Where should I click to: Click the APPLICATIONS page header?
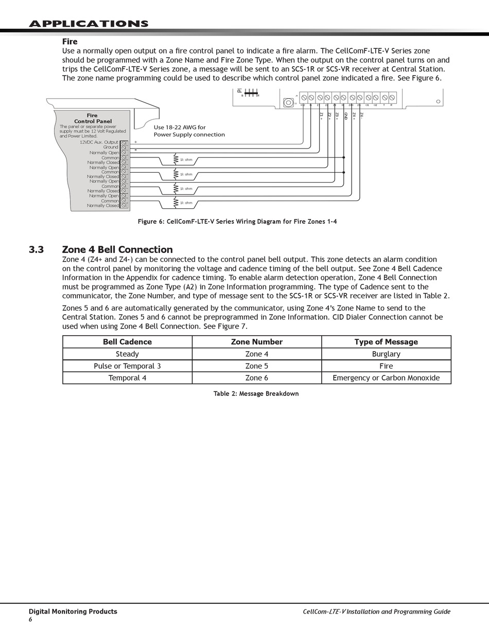(89, 24)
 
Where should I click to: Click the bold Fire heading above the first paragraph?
(69, 42)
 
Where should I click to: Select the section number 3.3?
(36, 250)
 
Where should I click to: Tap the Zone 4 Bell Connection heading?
(117, 250)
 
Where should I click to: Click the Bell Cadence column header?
(127, 342)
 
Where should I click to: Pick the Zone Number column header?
(256, 342)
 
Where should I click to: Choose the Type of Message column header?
(386, 342)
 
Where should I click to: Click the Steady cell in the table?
(127, 354)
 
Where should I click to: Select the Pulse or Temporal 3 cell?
(127, 366)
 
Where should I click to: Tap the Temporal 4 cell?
(127, 378)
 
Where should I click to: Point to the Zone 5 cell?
(256, 366)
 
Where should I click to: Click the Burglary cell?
(386, 354)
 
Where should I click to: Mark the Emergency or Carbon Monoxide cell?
(386, 378)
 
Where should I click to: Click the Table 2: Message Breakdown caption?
(256, 394)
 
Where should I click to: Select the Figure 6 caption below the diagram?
(237, 222)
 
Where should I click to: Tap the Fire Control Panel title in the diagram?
(93, 119)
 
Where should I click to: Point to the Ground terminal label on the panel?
(111, 147)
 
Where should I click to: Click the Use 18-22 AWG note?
(189, 131)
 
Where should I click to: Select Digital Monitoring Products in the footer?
(73, 611)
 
